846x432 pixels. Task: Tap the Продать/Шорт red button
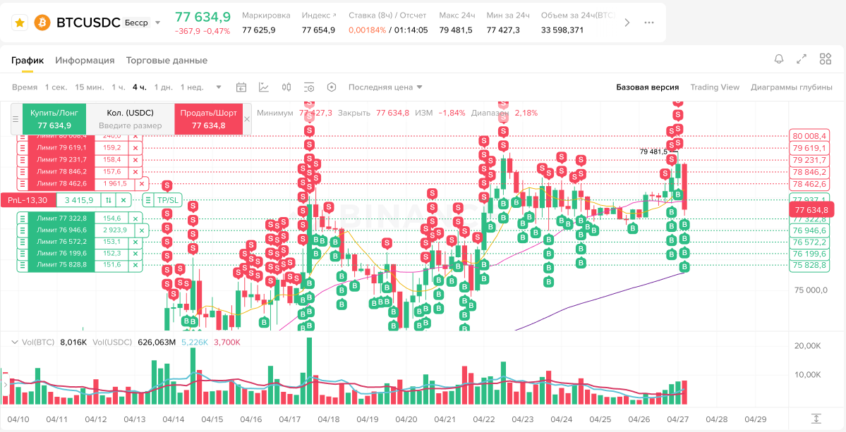pyautogui.click(x=208, y=118)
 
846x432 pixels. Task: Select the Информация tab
pyautogui.click(x=85, y=61)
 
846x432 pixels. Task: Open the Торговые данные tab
pyautogui.click(x=167, y=61)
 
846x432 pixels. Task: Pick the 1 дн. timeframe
pyautogui.click(x=162, y=87)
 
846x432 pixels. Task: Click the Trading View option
pyautogui.click(x=715, y=87)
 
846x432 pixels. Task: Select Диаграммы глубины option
pyautogui.click(x=792, y=87)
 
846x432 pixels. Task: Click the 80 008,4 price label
pyautogui.click(x=810, y=136)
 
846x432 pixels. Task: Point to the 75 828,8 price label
pyautogui.click(x=810, y=266)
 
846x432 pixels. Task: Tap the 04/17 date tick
pyautogui.click(x=290, y=419)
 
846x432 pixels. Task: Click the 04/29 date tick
pyautogui.click(x=755, y=419)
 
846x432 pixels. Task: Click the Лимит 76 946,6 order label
pyautogui.click(x=63, y=230)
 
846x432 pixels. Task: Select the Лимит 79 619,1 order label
pyautogui.click(x=63, y=148)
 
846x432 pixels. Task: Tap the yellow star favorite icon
pyautogui.click(x=20, y=23)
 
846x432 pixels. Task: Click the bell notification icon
pyautogui.click(x=779, y=59)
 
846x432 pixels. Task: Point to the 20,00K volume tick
pyautogui.click(x=807, y=346)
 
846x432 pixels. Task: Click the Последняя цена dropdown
pyautogui.click(x=385, y=87)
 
